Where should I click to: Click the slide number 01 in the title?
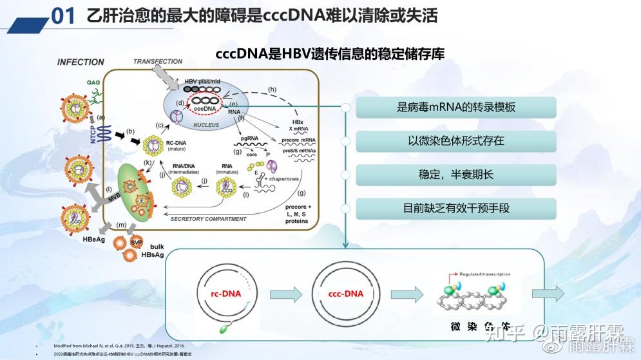coord(64,15)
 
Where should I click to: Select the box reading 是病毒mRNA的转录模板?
coord(456,108)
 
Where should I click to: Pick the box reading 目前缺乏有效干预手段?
coord(456,208)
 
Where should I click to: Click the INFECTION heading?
coord(81,62)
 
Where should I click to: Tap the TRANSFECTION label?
coord(158,61)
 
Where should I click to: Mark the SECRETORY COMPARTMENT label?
coord(208,219)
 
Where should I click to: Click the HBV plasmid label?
coord(202,81)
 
